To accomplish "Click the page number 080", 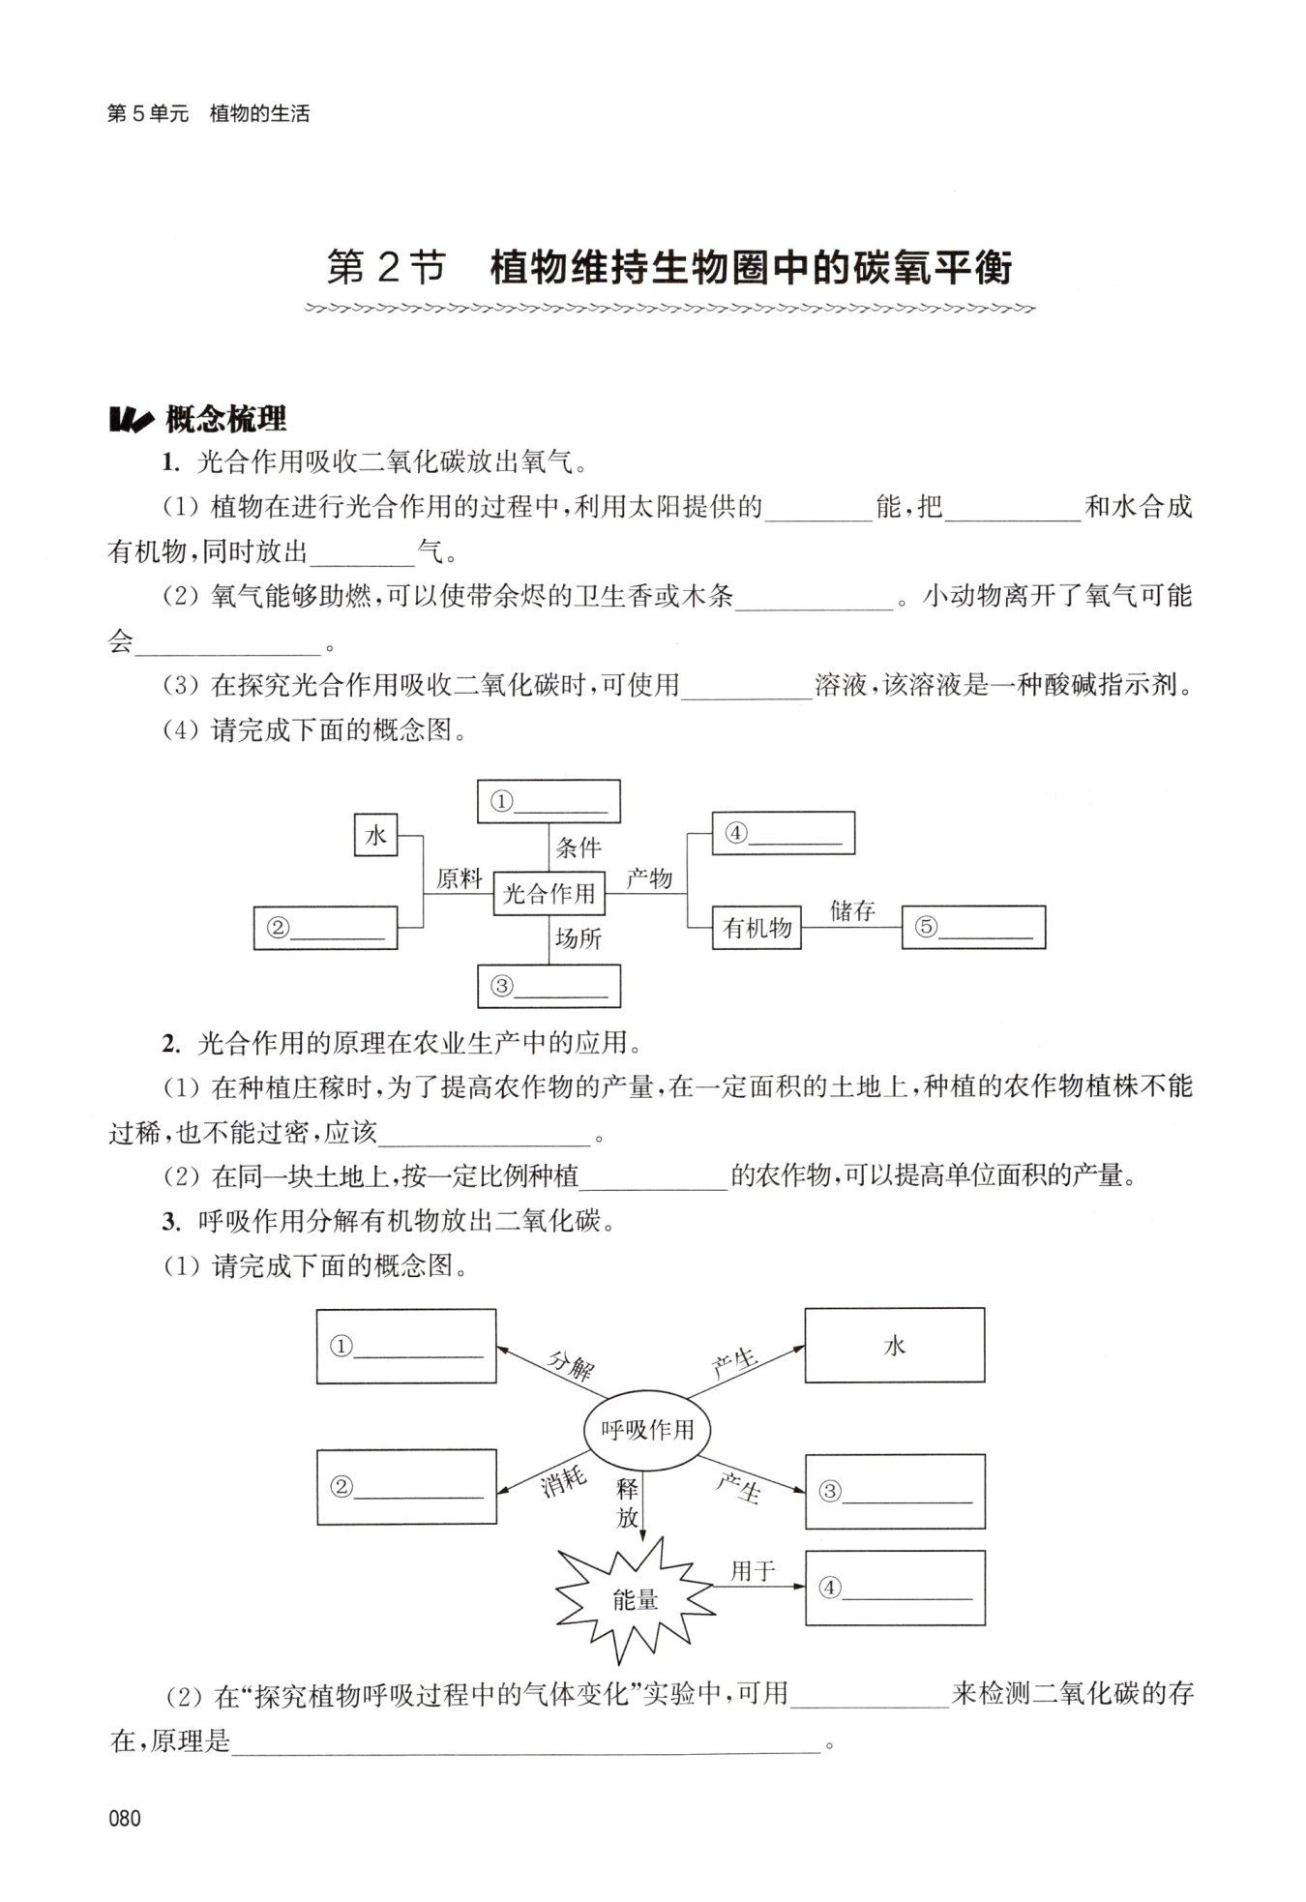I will coord(126,1818).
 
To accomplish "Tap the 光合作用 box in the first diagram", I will coord(549,893).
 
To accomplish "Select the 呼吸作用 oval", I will coord(647,1430).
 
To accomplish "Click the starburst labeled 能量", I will coord(636,1599).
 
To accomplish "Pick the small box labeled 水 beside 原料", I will coord(375,836).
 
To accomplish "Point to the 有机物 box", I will coord(757,928).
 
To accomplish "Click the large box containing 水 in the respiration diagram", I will coord(894,1346).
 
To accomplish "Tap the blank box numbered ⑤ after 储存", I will coord(973,927).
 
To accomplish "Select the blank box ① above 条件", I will coord(549,802).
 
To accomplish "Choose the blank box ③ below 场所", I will coord(549,986).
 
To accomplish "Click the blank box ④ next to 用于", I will coord(894,1588).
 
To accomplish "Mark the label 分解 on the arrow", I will coord(570,1365).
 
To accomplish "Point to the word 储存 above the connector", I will coord(852,910).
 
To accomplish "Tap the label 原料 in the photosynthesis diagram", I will coord(459,878).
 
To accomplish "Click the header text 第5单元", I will coord(147,114).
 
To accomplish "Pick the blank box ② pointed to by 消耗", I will coord(406,1487).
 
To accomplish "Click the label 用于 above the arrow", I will coord(753,1571).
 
